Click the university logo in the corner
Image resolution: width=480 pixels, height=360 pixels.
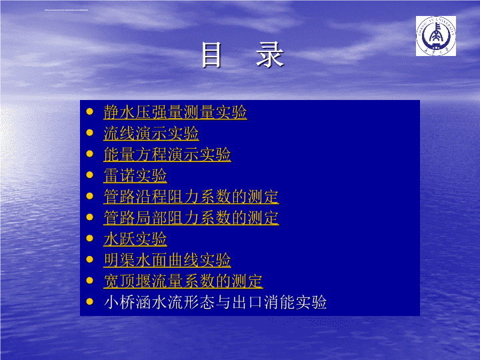tap(435, 36)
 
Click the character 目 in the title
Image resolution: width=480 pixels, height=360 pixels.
tap(211, 55)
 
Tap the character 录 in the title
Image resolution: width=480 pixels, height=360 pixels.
tap(270, 55)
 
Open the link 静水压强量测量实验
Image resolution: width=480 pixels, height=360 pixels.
tap(175, 112)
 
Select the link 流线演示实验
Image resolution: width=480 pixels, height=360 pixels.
tap(151, 133)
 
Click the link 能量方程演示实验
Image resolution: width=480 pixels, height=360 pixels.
tap(167, 154)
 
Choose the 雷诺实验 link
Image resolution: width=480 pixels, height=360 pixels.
tap(135, 175)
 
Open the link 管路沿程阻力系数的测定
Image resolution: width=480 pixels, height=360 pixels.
tap(191, 197)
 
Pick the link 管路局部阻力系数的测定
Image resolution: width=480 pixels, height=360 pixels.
tap(191, 217)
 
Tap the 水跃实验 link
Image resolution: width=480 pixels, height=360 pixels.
tap(135, 239)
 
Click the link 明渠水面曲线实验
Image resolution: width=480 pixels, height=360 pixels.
tap(167, 260)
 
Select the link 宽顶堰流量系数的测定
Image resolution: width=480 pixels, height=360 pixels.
tap(183, 281)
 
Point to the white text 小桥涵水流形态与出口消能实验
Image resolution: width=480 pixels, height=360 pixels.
tap(215, 302)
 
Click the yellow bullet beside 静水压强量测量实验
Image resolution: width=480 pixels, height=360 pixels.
tap(90, 111)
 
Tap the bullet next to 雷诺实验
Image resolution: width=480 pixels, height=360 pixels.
tap(90, 175)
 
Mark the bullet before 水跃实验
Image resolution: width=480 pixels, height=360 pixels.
tap(90, 238)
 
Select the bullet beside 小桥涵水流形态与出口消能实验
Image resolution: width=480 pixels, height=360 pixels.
tap(90, 301)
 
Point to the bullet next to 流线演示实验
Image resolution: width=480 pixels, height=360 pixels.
tap(90, 133)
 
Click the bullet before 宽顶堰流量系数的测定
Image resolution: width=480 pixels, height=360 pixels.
tap(90, 281)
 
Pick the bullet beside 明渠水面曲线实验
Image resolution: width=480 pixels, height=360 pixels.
tap(90, 259)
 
